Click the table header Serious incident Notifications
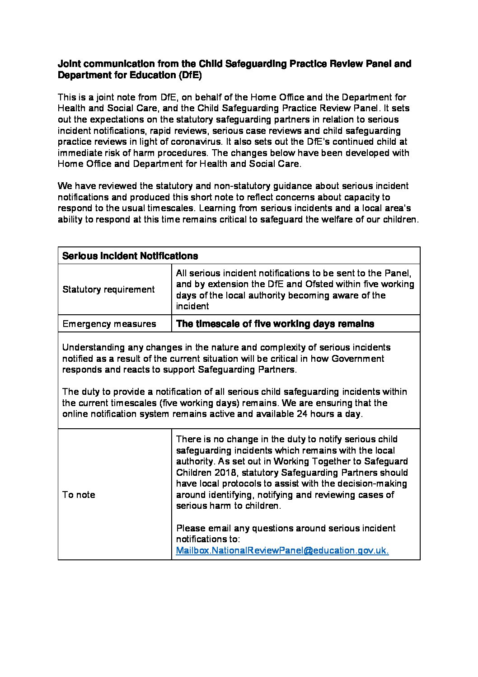130,256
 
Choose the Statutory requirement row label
108,289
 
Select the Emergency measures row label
109,324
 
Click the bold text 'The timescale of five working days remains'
275,324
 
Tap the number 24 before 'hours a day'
302,414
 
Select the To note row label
79,495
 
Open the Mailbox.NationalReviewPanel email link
282,550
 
